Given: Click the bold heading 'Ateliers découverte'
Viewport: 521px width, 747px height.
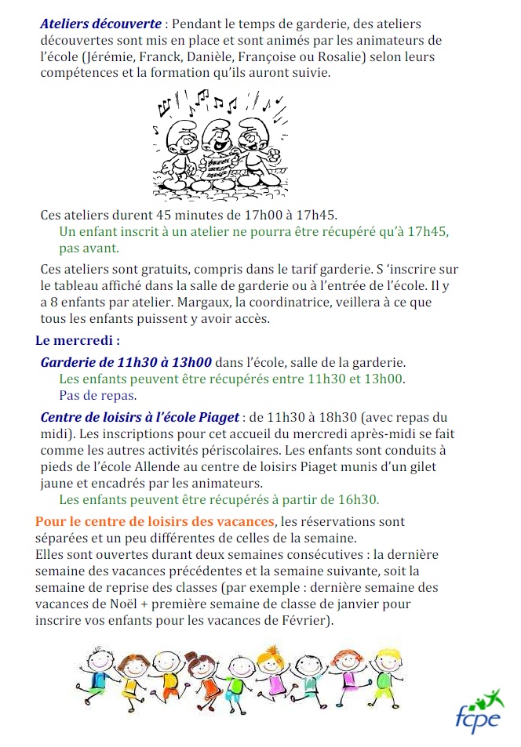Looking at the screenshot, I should coord(100,24).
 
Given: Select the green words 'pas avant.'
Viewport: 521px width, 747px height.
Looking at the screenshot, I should coord(89,248).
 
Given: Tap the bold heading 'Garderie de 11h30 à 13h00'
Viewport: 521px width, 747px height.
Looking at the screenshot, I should coord(126,362).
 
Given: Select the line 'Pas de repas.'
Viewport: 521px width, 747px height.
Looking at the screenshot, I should coord(98,395).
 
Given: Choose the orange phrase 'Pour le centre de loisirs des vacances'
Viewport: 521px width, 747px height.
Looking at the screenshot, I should coord(155,521).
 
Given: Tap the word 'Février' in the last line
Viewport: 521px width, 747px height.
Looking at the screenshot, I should coord(304,621).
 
